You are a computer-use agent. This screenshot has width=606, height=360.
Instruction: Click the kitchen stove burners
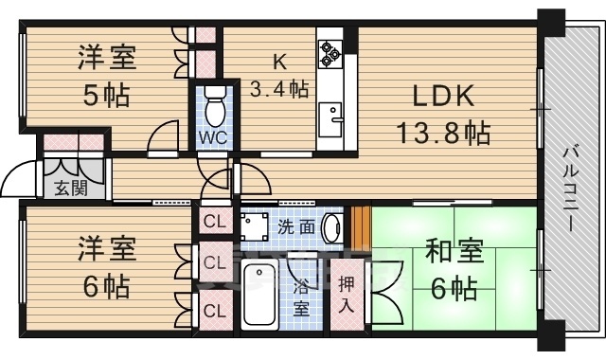coord(330,52)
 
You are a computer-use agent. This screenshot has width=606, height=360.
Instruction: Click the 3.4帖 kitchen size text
coord(279,89)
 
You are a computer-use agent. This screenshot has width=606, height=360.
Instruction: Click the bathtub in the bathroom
coord(257,296)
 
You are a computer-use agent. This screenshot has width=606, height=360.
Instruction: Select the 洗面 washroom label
coord(295,227)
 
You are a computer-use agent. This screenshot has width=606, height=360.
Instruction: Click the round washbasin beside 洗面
coord(330,228)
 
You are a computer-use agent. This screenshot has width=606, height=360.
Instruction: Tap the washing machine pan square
coord(255,227)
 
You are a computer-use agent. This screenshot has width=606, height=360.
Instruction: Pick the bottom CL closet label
coord(214,309)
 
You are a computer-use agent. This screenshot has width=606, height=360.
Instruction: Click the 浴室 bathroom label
coord(300,296)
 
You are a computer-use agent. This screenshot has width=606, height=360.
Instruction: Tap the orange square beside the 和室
coord(358,228)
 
